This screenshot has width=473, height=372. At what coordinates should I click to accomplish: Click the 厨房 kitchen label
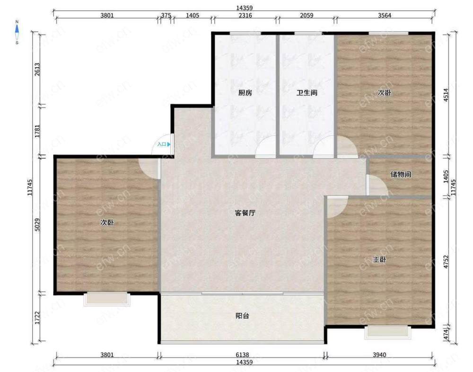pyautogui.click(x=245, y=93)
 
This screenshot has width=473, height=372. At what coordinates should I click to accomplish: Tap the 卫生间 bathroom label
pyautogui.click(x=307, y=93)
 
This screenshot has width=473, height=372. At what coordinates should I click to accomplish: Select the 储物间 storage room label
pyautogui.click(x=401, y=174)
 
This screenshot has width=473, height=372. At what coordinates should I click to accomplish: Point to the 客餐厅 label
pyautogui.click(x=245, y=213)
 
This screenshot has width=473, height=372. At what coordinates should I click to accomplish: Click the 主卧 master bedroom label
pyautogui.click(x=379, y=259)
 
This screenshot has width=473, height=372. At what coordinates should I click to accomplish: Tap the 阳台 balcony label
pyautogui.click(x=242, y=316)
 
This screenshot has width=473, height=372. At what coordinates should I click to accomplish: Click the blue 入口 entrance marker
pyautogui.click(x=164, y=144)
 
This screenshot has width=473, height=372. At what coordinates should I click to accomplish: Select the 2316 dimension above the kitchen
pyautogui.click(x=245, y=15)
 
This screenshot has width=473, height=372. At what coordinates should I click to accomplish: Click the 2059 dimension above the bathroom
pyautogui.click(x=307, y=15)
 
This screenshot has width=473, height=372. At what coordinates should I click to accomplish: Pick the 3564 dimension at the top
pyautogui.click(x=385, y=15)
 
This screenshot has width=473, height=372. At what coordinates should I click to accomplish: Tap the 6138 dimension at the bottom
pyautogui.click(x=242, y=354)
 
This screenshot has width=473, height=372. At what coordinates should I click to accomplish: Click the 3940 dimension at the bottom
pyautogui.click(x=379, y=354)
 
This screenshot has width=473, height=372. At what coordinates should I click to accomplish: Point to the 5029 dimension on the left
pyautogui.click(x=37, y=225)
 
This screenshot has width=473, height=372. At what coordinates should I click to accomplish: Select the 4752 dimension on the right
pyautogui.click(x=446, y=262)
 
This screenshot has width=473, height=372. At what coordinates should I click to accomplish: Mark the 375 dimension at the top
pyautogui.click(x=166, y=15)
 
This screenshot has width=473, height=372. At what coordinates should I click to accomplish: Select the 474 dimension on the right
pyautogui.click(x=446, y=335)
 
